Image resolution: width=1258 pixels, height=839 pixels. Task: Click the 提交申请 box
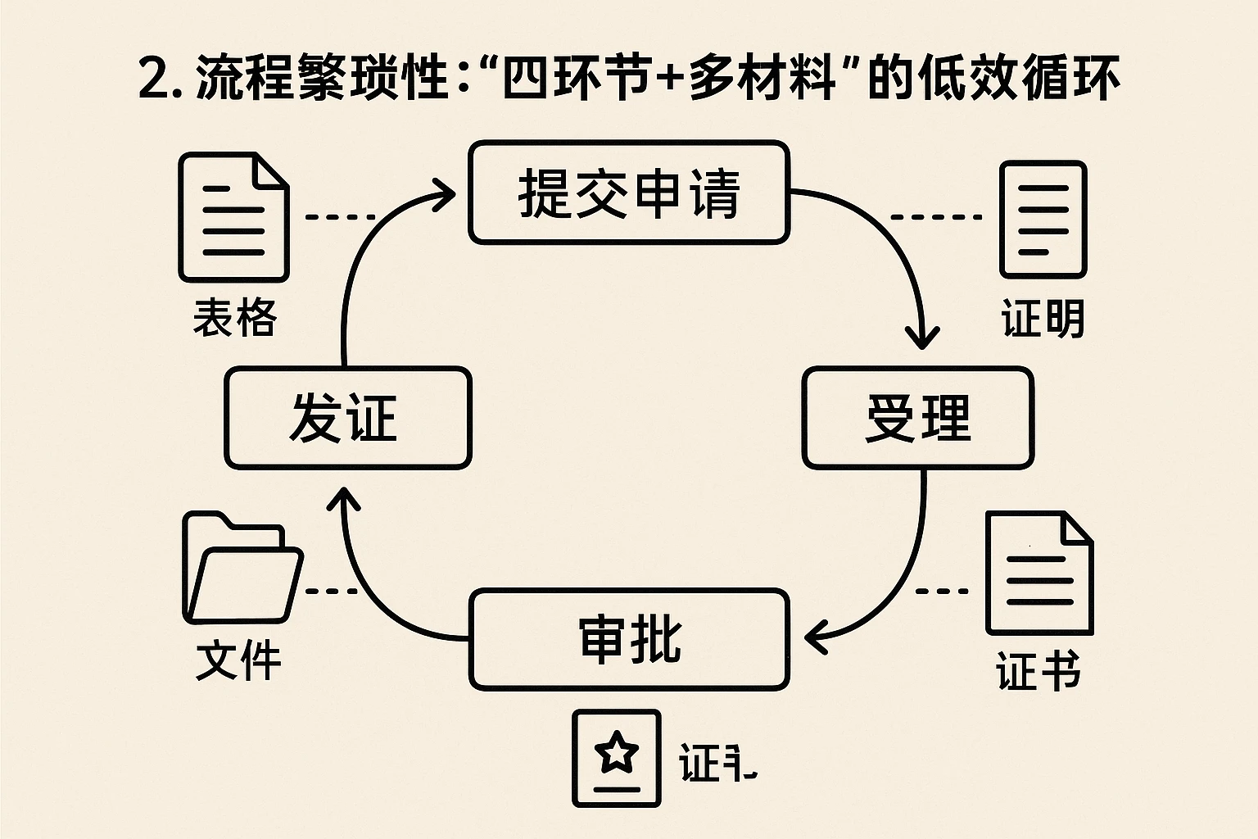pos(629,193)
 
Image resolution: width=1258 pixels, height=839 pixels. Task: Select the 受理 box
pos(917,418)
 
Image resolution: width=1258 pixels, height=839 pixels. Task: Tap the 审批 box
pos(629,639)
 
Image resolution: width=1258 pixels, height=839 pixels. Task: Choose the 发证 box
pos(347,418)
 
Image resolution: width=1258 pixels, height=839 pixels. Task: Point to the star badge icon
pos(617,759)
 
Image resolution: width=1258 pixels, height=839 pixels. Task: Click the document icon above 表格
pos(234,218)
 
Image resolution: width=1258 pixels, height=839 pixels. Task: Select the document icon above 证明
pos(1043,220)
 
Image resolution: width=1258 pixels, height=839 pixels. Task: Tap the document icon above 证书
pos(1039,574)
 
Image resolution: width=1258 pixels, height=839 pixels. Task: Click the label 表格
pos(235,318)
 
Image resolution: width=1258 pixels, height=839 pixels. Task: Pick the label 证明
pos(1043,319)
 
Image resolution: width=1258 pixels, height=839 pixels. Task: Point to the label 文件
pos(238,660)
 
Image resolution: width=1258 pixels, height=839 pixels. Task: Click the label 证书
pos(1039,672)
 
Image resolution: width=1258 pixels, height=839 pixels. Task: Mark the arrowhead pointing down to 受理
pos(922,338)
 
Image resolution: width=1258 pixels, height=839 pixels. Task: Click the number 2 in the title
pos(154,79)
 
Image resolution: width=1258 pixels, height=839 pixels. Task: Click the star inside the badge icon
pos(617,752)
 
